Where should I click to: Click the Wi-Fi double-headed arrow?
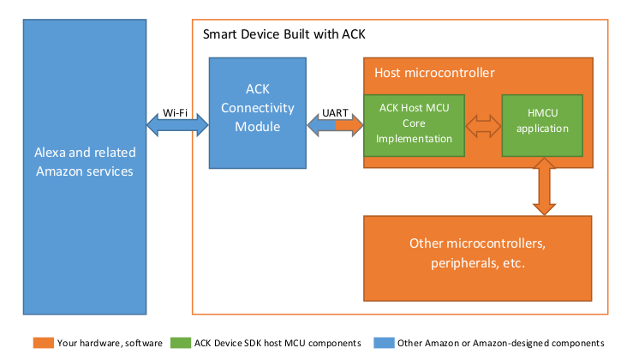click(x=177, y=125)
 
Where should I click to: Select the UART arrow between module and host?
click(x=335, y=125)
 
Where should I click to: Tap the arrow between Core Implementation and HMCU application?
click(x=483, y=126)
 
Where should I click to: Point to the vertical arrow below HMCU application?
click(x=544, y=186)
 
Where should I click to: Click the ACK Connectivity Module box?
click(x=258, y=113)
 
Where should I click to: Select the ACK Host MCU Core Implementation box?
click(x=414, y=125)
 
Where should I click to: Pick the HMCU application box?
click(x=542, y=125)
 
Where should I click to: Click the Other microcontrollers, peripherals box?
click(x=477, y=258)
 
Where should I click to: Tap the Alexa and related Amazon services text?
click(x=85, y=162)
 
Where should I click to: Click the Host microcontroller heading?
click(x=434, y=73)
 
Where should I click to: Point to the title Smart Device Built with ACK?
click(x=284, y=34)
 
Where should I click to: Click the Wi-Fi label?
click(x=175, y=113)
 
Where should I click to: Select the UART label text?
click(x=335, y=113)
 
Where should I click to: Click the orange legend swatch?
click(x=44, y=343)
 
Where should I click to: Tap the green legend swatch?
click(x=181, y=343)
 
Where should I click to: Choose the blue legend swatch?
click(x=385, y=343)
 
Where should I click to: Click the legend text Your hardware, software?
click(x=110, y=343)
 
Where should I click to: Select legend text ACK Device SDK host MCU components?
click(x=278, y=343)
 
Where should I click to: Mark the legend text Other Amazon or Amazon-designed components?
click(x=500, y=343)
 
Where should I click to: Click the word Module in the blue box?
click(x=258, y=127)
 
